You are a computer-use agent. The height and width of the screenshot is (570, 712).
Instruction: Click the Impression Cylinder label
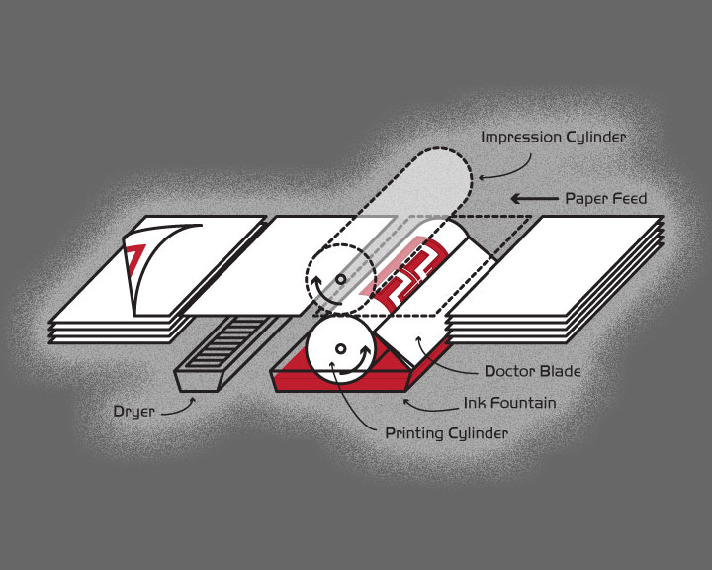553,137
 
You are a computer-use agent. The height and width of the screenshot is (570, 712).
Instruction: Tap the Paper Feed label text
605,199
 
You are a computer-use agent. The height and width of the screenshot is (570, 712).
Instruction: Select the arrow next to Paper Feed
532,199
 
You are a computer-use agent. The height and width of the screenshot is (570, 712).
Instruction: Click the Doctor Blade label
531,372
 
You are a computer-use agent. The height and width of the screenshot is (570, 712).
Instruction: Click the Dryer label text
133,412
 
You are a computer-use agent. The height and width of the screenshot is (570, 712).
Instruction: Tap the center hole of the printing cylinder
340,348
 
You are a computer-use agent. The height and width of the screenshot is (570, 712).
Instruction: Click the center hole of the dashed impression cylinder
341,279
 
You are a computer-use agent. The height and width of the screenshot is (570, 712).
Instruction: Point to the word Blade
559,372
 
